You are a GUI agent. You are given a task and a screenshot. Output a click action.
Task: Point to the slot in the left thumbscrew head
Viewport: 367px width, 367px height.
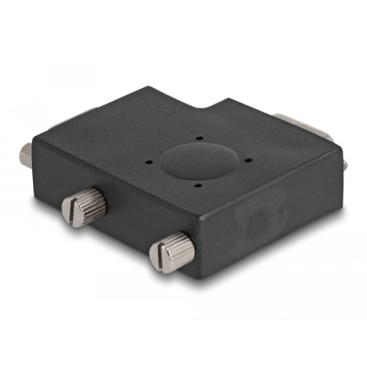click(x=70, y=212)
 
